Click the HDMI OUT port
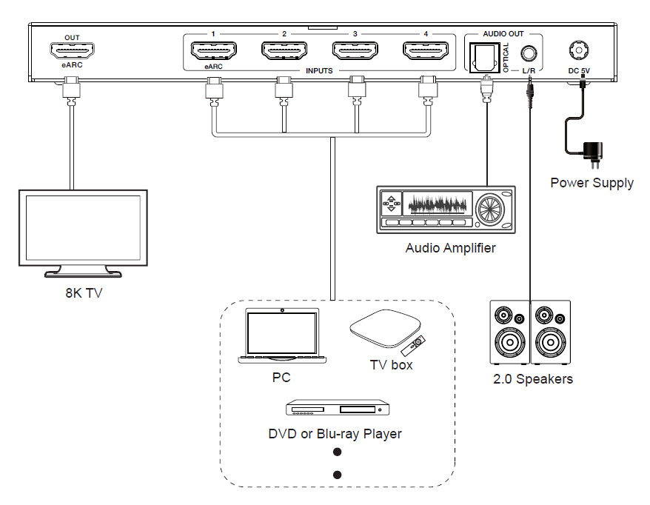point(72,52)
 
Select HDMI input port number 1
point(213,52)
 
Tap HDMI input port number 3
point(355,52)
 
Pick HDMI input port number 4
point(426,52)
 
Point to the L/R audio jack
point(529,54)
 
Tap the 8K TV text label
point(83,292)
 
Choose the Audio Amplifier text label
point(450,248)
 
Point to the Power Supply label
point(592,183)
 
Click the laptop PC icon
point(282,338)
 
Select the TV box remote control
point(415,344)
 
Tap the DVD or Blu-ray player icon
point(338,409)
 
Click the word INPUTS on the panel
point(319,71)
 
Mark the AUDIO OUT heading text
point(503,34)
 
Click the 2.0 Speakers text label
point(533,379)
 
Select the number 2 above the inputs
point(284,33)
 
